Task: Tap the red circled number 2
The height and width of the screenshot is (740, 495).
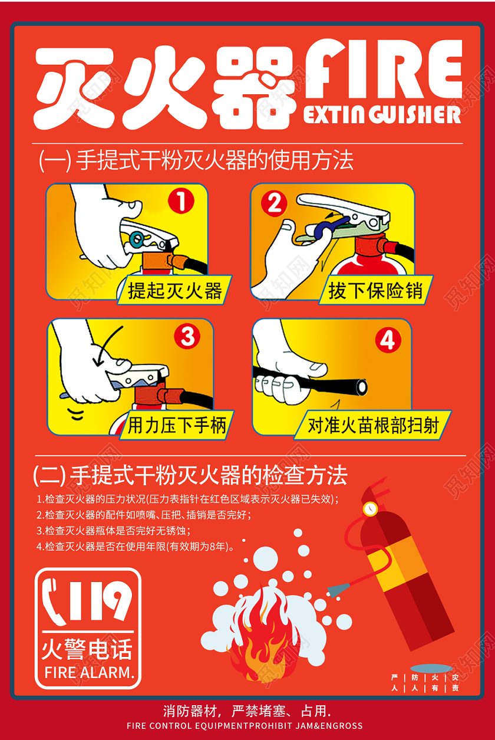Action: [x=274, y=205]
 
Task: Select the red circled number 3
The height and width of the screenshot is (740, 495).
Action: [x=187, y=338]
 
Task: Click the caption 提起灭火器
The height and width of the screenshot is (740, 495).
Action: [x=175, y=290]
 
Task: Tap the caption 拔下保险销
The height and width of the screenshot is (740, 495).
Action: [x=376, y=291]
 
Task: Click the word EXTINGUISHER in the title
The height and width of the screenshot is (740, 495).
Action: [x=382, y=114]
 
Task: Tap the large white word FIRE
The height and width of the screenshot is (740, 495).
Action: [x=383, y=68]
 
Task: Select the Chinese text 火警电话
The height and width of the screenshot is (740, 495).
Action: [x=87, y=649]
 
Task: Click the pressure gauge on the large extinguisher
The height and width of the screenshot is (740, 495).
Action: [x=370, y=508]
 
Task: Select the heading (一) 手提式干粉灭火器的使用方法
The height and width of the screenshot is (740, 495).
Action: [x=196, y=160]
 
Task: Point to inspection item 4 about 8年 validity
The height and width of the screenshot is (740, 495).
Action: [x=136, y=546]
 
